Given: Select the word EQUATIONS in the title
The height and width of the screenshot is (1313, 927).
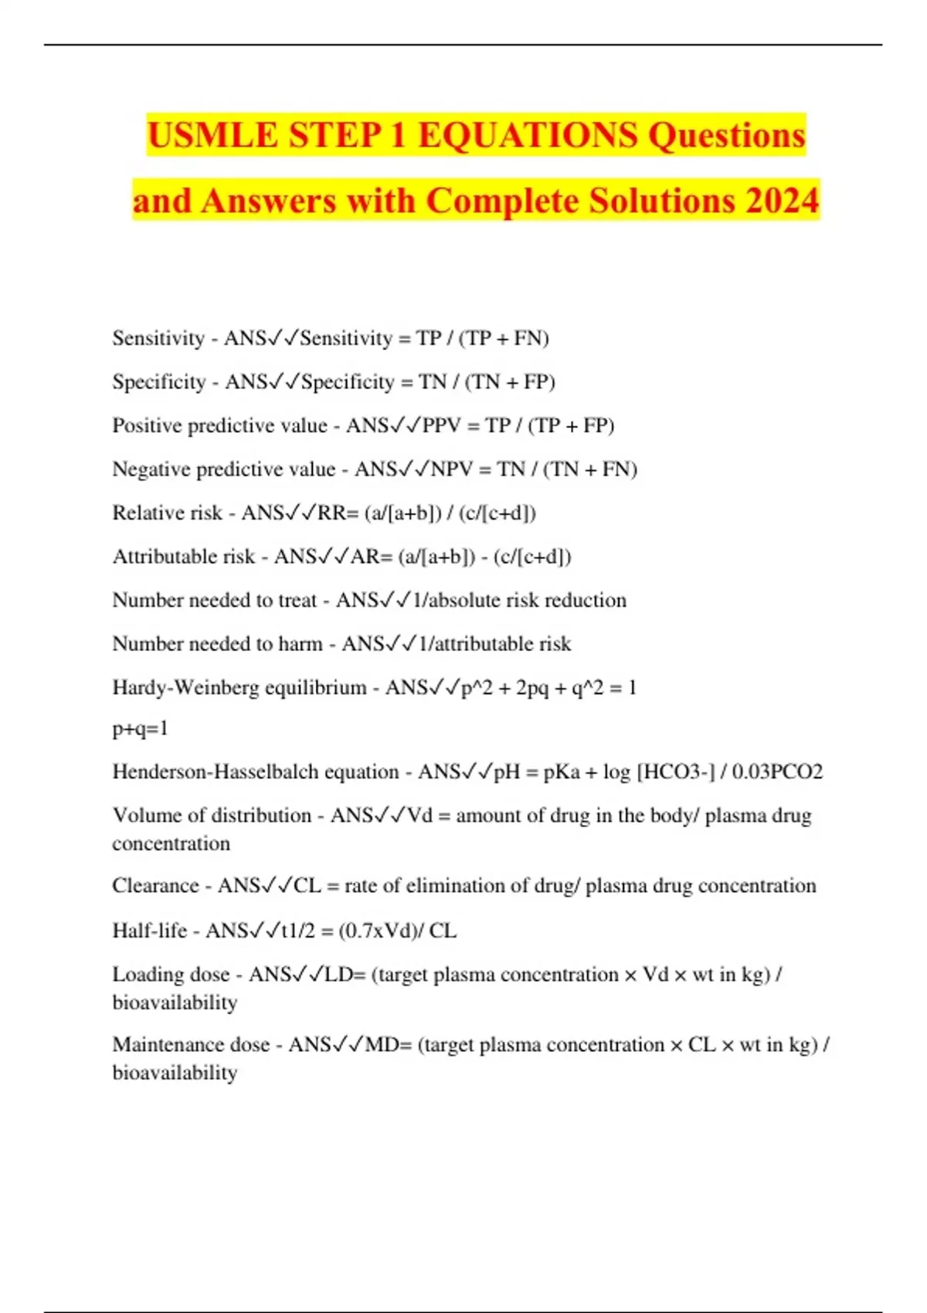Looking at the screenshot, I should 528,136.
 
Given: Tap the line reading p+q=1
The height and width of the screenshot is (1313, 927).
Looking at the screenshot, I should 140,728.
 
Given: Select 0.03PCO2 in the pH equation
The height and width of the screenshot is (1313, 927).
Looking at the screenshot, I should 777,772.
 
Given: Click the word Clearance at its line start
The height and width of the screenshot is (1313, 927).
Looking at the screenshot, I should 155,885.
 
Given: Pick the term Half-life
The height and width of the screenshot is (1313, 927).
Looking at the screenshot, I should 149,930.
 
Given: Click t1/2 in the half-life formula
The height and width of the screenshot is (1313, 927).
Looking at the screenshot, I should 298,930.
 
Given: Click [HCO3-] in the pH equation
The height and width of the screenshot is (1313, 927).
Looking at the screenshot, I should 676,772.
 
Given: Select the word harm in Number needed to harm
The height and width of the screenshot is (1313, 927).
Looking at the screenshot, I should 301,643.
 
